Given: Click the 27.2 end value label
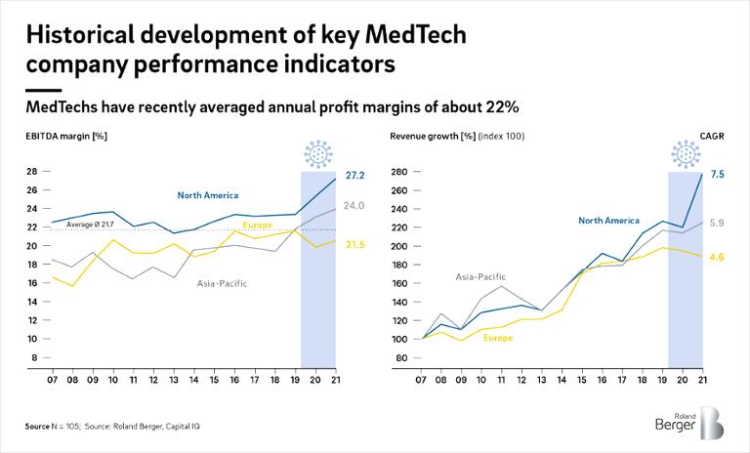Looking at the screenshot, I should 354,176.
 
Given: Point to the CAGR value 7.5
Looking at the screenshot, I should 717,175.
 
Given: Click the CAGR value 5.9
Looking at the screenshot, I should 717,224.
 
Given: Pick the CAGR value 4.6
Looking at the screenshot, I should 717,258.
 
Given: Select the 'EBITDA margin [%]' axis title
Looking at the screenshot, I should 66,136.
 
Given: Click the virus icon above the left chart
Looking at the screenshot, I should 318,154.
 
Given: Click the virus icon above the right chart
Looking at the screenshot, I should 685,154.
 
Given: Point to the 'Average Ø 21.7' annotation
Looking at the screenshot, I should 91,226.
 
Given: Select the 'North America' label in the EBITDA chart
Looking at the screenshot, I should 207,195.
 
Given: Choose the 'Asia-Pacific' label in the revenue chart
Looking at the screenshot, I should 480,277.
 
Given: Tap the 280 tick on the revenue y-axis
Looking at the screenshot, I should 398,173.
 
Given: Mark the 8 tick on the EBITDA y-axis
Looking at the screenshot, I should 33,358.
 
